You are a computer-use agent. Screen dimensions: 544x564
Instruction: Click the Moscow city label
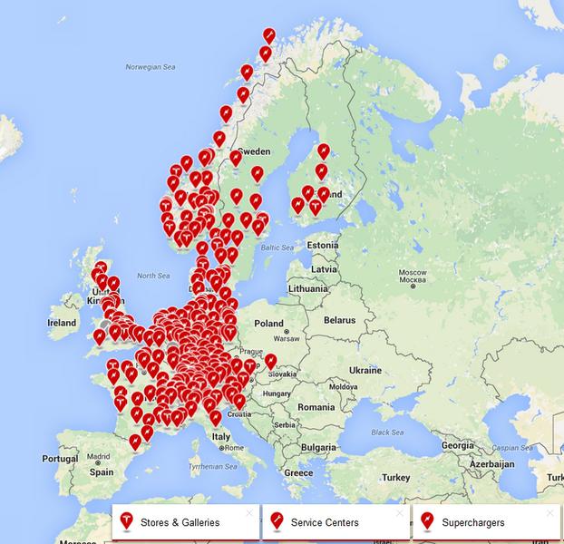[x=413, y=273]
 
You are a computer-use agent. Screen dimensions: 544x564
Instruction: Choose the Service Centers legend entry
[x=324, y=523]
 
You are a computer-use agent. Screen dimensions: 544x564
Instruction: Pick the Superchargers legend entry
[x=473, y=523]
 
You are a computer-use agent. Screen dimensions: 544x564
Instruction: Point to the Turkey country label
[x=396, y=477]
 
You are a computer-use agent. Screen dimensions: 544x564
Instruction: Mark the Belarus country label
[x=340, y=320]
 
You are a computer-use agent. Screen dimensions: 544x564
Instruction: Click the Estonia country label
[x=322, y=245]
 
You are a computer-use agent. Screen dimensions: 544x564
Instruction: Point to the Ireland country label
[x=62, y=323]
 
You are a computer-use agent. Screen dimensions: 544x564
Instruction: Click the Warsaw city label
[x=287, y=340]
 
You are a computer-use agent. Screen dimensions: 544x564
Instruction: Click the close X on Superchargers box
[x=549, y=513]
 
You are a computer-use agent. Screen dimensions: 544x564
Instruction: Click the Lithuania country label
[x=307, y=287]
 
